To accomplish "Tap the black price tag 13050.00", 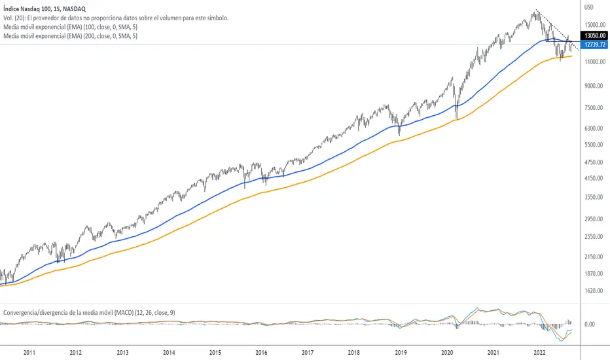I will click(x=593, y=36).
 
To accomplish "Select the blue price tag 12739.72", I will click(x=593, y=45).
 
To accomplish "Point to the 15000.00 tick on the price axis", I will click(x=593, y=25).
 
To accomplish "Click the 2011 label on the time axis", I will click(x=29, y=352).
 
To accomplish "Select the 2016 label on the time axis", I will click(x=262, y=352).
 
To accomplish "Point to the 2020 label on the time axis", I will click(x=448, y=352).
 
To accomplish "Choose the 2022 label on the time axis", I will click(x=541, y=352).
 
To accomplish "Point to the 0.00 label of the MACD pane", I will click(x=590, y=324).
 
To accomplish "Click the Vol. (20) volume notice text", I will click(x=115, y=18).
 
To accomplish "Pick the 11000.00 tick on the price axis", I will click(x=593, y=62).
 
